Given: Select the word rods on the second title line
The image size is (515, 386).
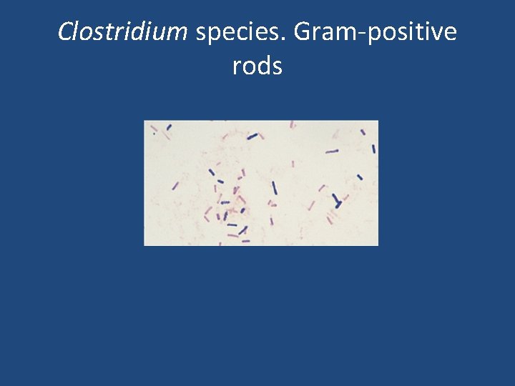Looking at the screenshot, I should click(257, 66).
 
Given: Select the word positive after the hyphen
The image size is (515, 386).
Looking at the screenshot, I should click(411, 32).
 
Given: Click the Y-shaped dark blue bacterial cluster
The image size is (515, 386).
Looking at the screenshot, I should click(336, 201).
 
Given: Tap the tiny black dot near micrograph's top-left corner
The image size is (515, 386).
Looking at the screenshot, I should click(154, 132).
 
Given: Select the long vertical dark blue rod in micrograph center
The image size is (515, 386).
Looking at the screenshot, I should click(274, 188).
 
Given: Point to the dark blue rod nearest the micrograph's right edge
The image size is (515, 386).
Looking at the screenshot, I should click(373, 149).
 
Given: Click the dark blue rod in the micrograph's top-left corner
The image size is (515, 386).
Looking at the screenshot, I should click(169, 128).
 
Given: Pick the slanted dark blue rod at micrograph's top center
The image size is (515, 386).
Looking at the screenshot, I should click(252, 136).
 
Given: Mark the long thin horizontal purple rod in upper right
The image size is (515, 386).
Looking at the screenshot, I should click(332, 152).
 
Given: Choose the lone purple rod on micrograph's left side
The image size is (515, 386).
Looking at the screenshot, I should click(175, 186).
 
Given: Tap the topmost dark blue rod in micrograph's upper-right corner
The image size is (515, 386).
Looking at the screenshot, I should click(363, 132).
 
